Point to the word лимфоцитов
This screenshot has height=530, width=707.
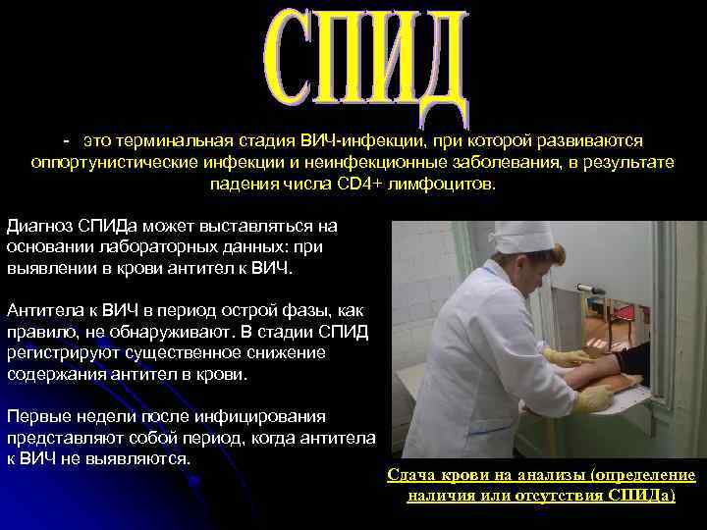point(440,184)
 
